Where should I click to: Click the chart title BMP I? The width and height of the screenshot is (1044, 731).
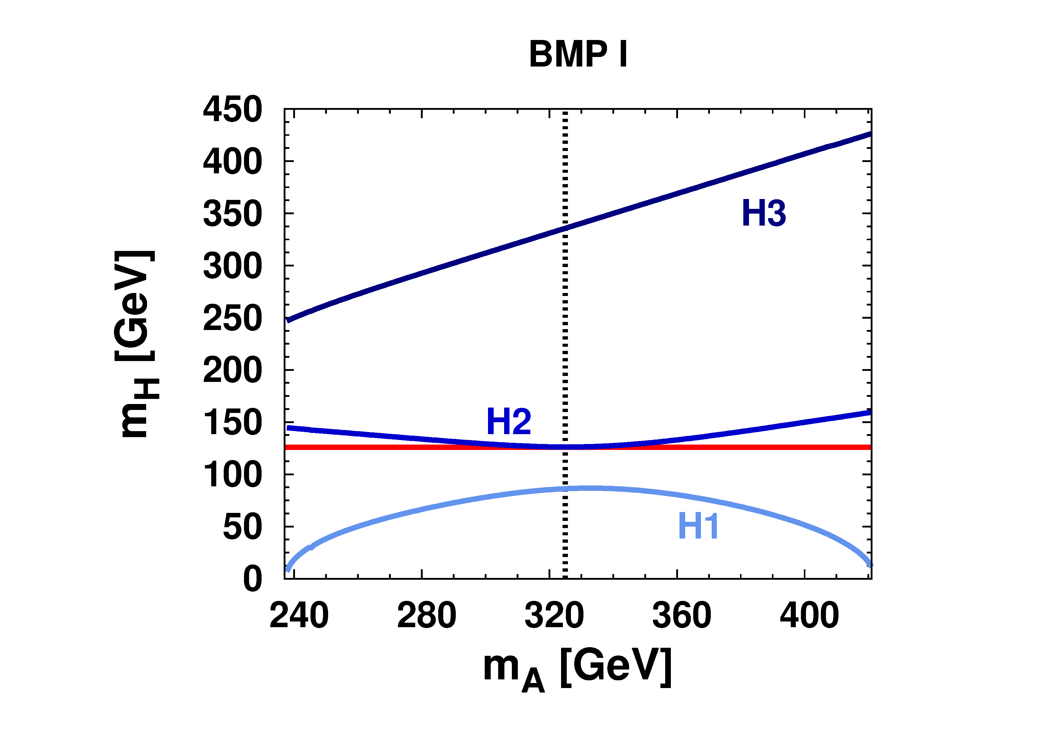(578, 54)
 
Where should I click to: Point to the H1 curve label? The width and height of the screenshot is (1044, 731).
(698, 526)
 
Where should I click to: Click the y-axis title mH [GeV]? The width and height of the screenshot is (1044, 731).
(135, 344)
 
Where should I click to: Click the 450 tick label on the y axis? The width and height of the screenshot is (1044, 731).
(232, 110)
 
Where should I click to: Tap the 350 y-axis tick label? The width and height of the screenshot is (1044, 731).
(232, 214)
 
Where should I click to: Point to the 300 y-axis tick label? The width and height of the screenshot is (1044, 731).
(232, 266)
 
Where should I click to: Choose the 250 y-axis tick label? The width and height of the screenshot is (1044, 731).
(232, 318)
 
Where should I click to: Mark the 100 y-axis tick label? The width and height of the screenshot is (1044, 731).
(232, 475)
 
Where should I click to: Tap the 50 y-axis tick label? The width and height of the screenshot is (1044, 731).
(242, 527)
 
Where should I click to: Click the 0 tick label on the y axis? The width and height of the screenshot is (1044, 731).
(252, 579)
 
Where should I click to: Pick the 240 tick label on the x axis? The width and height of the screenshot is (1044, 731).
(299, 615)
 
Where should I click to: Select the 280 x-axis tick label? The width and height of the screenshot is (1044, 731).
(427, 615)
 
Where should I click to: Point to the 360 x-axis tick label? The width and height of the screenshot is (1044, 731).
(682, 615)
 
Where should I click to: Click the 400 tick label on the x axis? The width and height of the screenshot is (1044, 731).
(809, 615)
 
